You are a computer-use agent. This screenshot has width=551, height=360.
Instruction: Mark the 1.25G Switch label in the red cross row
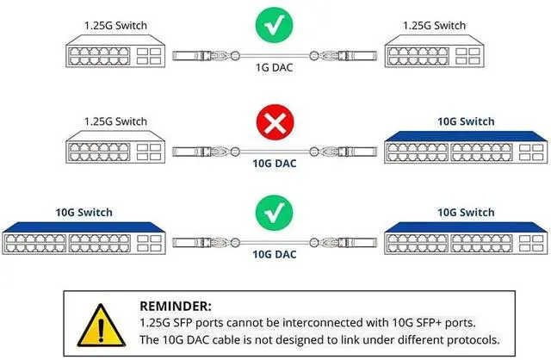(x=115, y=121)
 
